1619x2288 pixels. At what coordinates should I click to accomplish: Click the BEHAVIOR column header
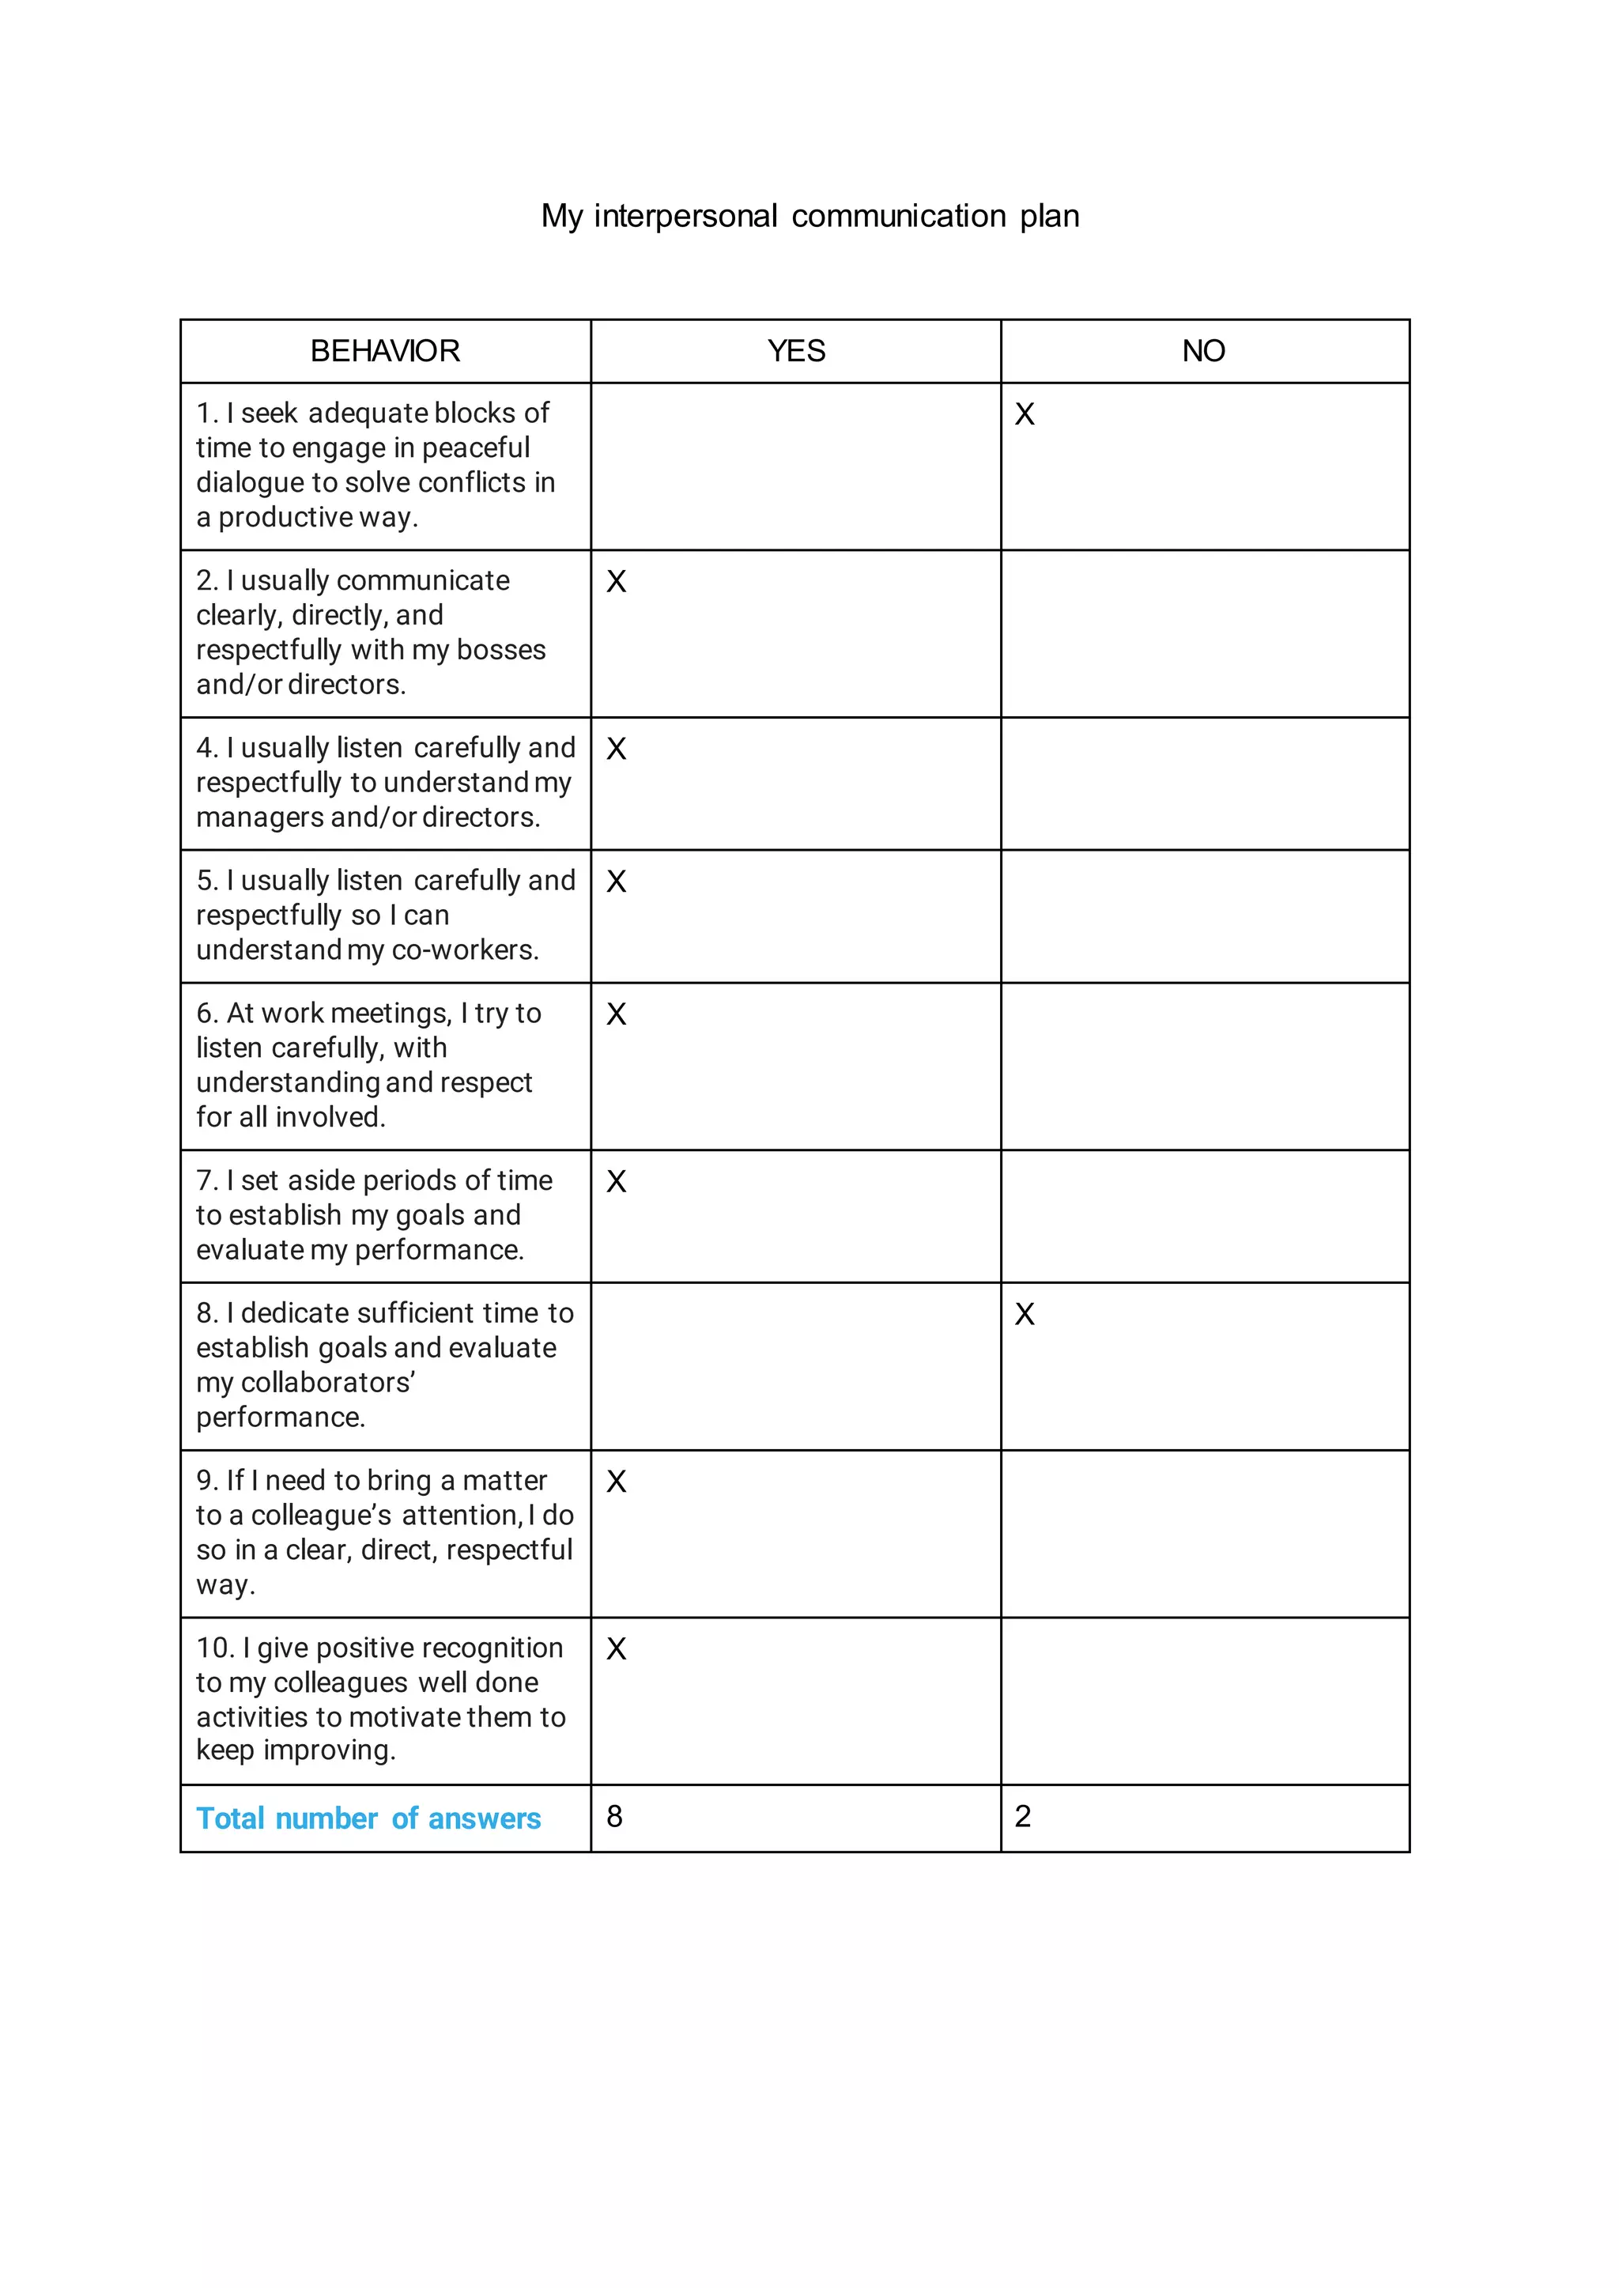click(385, 351)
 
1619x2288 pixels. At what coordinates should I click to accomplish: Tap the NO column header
click(1203, 351)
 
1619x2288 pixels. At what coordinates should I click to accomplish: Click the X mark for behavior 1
click(1024, 415)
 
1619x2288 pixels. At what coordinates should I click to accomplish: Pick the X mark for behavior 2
click(616, 582)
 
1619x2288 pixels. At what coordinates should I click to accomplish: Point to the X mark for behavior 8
click(1024, 1315)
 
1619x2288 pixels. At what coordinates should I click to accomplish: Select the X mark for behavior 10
click(616, 1649)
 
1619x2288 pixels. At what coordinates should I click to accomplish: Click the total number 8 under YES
click(614, 1817)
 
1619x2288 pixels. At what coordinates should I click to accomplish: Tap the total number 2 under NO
click(1023, 1817)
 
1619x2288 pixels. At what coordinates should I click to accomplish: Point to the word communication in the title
click(898, 217)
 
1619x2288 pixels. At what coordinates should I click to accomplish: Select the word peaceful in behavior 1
click(476, 447)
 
